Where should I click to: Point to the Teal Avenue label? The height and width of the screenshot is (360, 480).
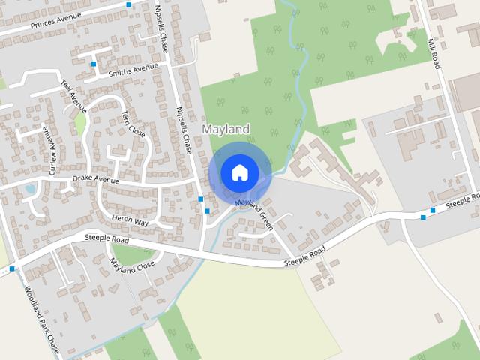pos(74,97)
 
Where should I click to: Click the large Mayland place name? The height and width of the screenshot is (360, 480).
pos(226,130)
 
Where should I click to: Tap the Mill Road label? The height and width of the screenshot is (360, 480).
pos(433,54)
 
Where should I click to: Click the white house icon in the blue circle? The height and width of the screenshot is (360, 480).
pos(239,172)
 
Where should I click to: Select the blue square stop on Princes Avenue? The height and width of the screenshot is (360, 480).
pos(129,5)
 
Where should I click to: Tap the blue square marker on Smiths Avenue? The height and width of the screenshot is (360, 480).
pos(94,64)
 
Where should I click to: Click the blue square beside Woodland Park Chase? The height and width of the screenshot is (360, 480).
pos(13,268)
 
